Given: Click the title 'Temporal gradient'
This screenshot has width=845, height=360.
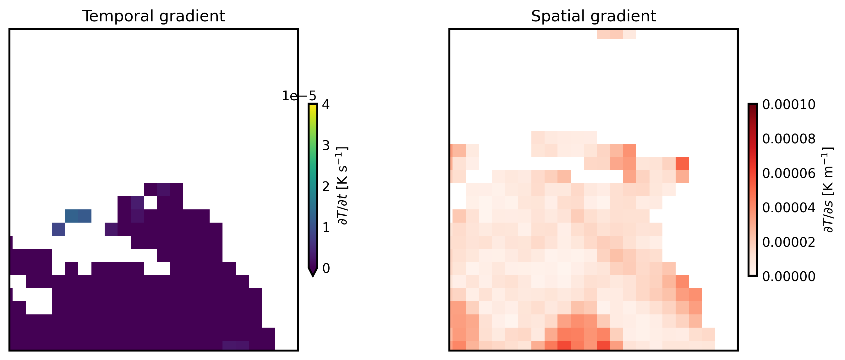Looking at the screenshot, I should pyautogui.click(x=154, y=16).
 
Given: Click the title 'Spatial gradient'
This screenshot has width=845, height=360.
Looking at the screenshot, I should pyautogui.click(x=593, y=16).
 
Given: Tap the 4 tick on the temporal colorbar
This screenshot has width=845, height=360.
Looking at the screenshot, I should pyautogui.click(x=326, y=105).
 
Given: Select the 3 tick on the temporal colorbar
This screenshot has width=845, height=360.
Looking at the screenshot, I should pyautogui.click(x=326, y=146).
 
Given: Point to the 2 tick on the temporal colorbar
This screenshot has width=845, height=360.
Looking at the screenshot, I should pyautogui.click(x=326, y=187).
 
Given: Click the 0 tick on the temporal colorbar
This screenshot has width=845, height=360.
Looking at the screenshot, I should pyautogui.click(x=326, y=269).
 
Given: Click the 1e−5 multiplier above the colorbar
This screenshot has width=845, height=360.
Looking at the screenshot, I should pyautogui.click(x=299, y=96).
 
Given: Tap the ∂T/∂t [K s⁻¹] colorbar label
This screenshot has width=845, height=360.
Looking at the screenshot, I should pyautogui.click(x=342, y=186).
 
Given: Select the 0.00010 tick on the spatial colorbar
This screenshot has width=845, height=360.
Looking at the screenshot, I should pyautogui.click(x=788, y=105).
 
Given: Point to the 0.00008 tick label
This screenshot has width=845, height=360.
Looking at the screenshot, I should pyautogui.click(x=788, y=139).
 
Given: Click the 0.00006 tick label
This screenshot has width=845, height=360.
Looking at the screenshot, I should pyautogui.click(x=788, y=173).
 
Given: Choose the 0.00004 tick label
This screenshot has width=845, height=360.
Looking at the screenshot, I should pyautogui.click(x=788, y=208).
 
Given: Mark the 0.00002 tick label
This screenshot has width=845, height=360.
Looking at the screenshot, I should pyautogui.click(x=788, y=242).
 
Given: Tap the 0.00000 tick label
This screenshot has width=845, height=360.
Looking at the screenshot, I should pyautogui.click(x=788, y=277).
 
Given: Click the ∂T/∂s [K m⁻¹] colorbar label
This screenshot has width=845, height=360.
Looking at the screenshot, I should pyautogui.click(x=828, y=190).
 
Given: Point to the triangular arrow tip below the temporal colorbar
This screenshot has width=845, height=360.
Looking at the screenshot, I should pyautogui.click(x=313, y=273).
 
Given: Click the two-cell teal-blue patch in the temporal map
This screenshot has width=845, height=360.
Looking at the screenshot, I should pyautogui.click(x=78, y=216).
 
